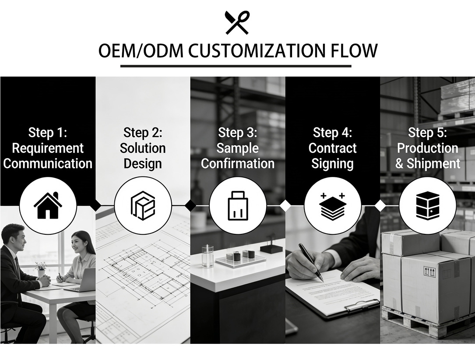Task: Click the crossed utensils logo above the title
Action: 237,22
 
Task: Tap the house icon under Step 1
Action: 48,205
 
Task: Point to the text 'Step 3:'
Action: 237,132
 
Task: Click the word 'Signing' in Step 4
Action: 332,164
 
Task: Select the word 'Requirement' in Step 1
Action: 48,148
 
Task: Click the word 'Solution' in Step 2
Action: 143,148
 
